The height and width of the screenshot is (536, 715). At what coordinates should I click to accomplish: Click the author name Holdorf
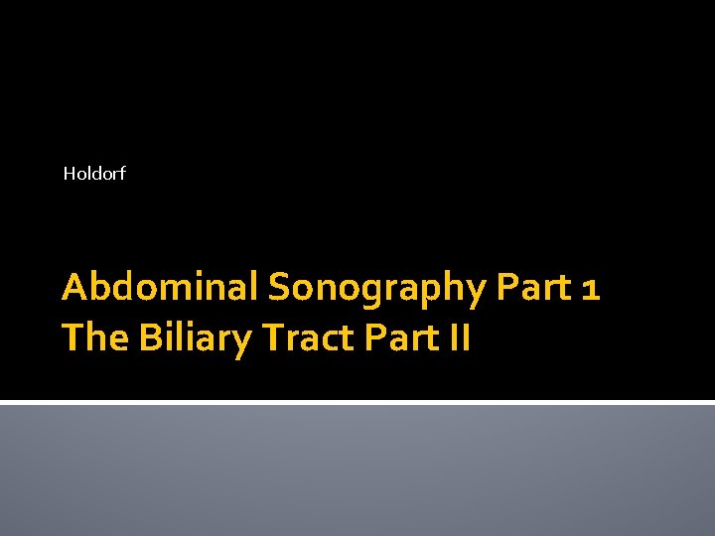click(x=94, y=174)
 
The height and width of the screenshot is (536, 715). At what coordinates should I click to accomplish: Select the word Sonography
click(x=374, y=289)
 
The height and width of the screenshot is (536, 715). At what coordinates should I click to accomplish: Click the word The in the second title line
click(x=95, y=338)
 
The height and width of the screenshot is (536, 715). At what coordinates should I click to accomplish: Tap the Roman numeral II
click(x=459, y=338)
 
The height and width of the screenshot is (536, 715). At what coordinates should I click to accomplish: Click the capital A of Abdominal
click(x=75, y=287)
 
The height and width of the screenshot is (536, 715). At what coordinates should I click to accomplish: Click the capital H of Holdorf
click(x=70, y=174)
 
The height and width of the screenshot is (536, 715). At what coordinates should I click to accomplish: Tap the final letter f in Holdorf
click(x=122, y=174)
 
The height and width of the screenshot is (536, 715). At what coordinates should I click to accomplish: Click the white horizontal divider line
click(x=357, y=402)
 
